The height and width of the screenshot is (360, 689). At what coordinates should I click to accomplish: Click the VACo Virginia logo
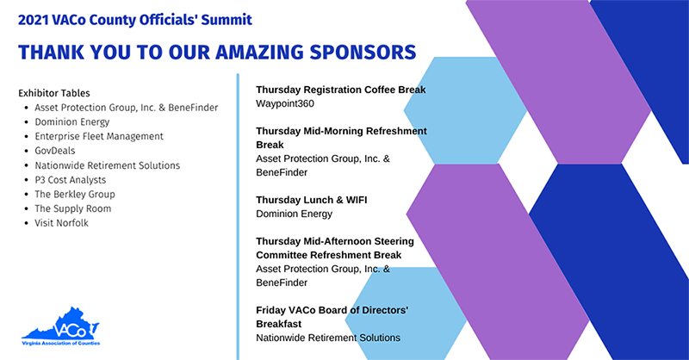point(60,326)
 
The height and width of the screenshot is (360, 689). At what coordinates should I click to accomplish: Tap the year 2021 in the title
point(33,20)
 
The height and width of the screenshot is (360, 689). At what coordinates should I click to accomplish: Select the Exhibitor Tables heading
point(54,93)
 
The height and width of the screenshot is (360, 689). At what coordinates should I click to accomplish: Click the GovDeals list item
point(55,151)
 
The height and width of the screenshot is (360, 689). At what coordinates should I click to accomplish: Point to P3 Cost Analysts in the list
point(71,180)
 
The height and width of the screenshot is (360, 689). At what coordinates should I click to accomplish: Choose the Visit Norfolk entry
point(61,223)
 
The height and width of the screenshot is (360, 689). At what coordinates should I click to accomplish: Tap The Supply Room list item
point(73,208)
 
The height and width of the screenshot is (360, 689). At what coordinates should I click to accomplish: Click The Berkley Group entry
point(75,195)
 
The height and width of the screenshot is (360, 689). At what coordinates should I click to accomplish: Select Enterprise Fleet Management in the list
point(99,136)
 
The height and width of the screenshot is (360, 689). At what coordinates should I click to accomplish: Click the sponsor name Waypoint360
point(285,103)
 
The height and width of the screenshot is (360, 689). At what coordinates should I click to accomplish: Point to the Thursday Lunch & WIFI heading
point(312,200)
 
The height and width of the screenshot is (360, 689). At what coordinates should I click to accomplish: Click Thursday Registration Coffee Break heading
point(341,90)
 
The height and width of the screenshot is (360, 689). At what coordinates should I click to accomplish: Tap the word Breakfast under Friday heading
point(278,324)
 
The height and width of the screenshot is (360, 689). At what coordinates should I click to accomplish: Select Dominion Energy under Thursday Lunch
point(294,214)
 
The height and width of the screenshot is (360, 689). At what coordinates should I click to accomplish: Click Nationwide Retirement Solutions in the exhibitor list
point(107,165)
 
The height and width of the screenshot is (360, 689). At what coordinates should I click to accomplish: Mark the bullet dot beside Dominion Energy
point(27,122)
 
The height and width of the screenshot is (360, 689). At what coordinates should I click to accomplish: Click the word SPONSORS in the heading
point(363,53)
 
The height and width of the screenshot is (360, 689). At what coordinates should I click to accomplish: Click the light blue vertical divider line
point(238,217)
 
